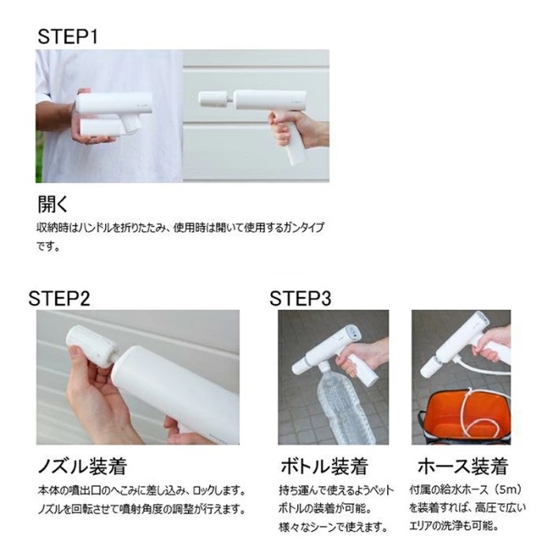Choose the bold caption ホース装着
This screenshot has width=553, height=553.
(462, 465)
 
